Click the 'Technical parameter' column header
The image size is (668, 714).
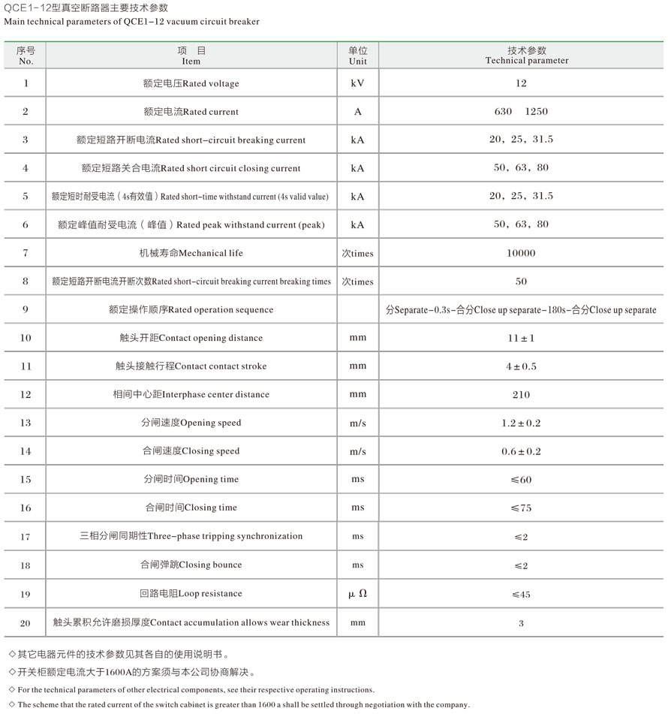[527, 56]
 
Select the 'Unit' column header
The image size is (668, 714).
[358, 56]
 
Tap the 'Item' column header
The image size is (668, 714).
[191, 56]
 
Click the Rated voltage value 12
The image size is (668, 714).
[522, 83]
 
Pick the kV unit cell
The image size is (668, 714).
[358, 83]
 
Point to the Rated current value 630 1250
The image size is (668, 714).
[522, 112]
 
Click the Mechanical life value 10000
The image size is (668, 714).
[522, 253]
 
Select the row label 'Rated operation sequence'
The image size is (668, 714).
[191, 310]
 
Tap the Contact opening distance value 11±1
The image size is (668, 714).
[522, 338]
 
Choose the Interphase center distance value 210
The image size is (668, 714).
[522, 395]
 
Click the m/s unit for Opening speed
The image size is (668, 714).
[358, 423]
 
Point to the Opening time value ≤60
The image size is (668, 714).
[522, 480]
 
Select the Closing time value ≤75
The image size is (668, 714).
[522, 508]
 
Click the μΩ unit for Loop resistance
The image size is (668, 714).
[358, 594]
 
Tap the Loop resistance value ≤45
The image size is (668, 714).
[522, 595]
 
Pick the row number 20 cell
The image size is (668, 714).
[26, 622]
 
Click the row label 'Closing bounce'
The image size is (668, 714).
[191, 565]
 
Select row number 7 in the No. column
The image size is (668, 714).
[26, 253]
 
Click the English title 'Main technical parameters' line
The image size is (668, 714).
[131, 22]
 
